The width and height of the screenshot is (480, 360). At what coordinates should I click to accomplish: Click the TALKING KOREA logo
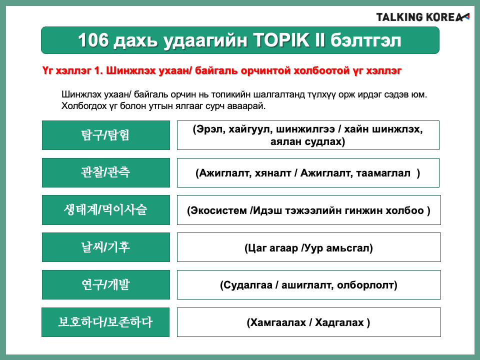423,17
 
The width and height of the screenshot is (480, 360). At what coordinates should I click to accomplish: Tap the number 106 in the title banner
93,40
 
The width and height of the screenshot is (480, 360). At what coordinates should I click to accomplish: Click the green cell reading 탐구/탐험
106,135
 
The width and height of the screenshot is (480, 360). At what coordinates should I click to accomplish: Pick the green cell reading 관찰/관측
106,172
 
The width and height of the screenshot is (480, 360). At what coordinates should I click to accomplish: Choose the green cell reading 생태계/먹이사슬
106,210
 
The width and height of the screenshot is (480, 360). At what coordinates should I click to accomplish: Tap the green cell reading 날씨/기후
106,247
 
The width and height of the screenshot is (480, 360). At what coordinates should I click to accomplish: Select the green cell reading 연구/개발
106,284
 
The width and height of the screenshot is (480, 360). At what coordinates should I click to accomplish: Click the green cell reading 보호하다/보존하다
105,322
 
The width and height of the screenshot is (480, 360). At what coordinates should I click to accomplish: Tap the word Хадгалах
339,322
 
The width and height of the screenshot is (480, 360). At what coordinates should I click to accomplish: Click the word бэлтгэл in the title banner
366,40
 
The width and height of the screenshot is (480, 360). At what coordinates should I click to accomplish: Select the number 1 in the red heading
98,70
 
